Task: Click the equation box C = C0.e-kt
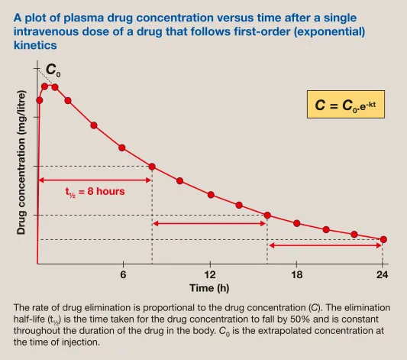pos(346,105)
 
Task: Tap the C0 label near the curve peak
pos(52,71)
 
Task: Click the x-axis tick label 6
pos(123,275)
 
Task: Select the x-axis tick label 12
pos(210,275)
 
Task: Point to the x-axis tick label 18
pos(297,275)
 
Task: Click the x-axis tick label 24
pos(382,275)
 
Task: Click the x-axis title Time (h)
pos(209,288)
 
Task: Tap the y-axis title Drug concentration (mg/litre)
pos(21,167)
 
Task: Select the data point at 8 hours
pos(152,167)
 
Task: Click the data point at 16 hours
pos(267,215)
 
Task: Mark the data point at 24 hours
pos(383,239)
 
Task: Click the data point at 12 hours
pos(211,195)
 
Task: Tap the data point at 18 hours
pos(297,223)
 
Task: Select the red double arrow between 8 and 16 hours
pos(209,223)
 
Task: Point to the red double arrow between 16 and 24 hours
pos(326,245)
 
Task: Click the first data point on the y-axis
pos(39,99)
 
